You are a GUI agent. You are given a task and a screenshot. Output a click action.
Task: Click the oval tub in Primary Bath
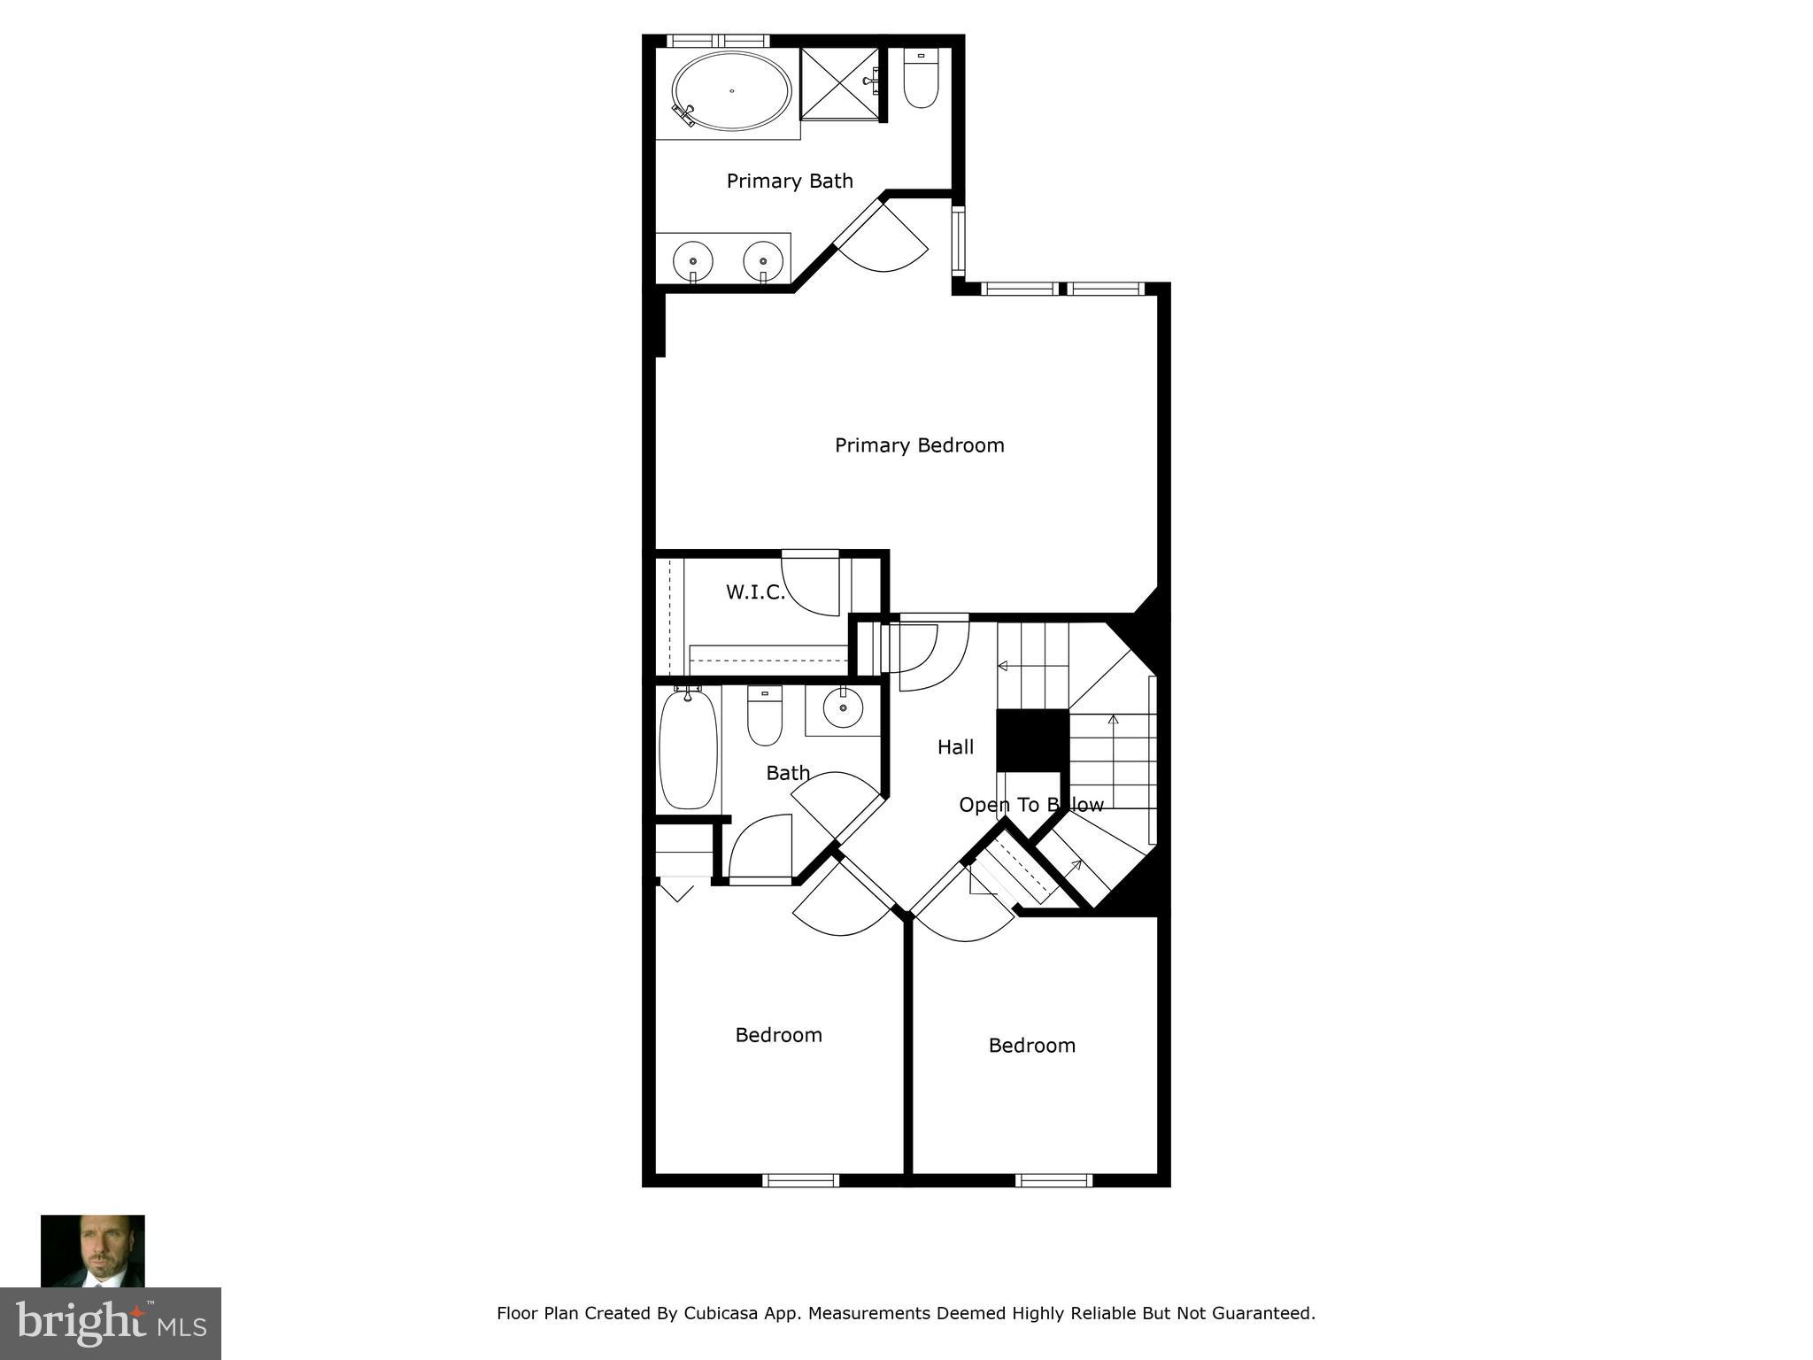coord(731,90)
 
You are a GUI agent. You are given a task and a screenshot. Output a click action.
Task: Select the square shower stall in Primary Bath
coord(839,83)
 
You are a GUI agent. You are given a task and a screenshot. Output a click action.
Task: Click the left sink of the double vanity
coord(692,261)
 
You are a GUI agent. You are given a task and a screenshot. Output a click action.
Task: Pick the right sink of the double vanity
coord(763,261)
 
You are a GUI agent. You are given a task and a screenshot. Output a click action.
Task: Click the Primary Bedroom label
coord(919,445)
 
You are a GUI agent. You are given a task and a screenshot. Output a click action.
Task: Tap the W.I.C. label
coord(755,592)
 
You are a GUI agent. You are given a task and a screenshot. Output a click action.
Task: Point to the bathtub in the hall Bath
coord(688,749)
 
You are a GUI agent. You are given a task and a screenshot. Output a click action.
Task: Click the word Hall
coord(955,747)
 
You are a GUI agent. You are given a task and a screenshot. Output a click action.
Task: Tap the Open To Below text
coord(1030,805)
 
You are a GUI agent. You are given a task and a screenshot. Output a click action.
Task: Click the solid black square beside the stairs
coord(1032,740)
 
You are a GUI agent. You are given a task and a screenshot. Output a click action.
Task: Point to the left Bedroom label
coord(778,1035)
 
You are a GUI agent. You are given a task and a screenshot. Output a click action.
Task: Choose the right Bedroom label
coord(1031,1046)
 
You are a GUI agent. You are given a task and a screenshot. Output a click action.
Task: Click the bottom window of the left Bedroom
coord(800,1179)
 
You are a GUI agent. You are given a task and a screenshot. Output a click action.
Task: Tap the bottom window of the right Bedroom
coord(1053,1179)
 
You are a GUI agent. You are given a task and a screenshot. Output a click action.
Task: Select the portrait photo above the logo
coord(93,1250)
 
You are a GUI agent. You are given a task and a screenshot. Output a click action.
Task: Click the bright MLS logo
coord(111,1323)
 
